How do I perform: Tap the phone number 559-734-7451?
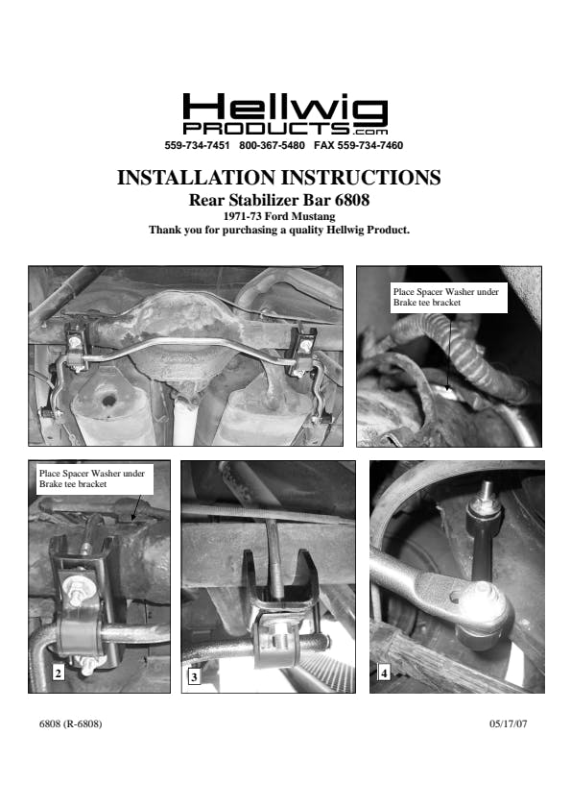197,145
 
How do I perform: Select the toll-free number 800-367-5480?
272,145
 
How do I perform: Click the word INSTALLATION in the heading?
196,178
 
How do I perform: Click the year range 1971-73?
242,216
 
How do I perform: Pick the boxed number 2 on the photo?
59,673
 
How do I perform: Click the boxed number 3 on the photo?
194,676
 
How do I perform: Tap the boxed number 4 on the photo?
384,673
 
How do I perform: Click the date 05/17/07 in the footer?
509,724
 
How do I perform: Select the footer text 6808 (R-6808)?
71,724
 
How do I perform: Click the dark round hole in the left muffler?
108,400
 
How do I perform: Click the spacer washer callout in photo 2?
92,478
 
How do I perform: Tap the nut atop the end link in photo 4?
485,494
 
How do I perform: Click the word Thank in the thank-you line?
163,230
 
